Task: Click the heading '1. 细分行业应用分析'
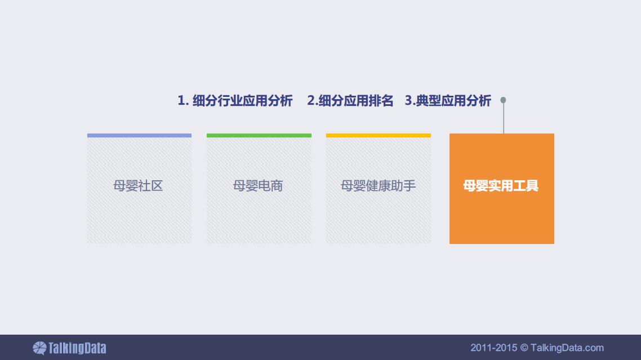point(235,101)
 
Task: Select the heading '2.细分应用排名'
point(350,101)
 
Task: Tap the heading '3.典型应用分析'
point(448,101)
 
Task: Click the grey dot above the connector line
point(503,100)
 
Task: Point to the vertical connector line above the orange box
point(503,118)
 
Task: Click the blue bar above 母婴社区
point(139,135)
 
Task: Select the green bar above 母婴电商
point(259,135)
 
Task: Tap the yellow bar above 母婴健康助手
point(378,135)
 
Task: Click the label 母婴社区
point(138,186)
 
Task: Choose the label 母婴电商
point(258,186)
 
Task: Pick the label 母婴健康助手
point(378,186)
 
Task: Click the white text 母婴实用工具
point(501,186)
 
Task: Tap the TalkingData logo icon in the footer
point(39,348)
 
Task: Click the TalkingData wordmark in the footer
point(77,348)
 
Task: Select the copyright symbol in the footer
point(524,348)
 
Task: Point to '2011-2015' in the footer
point(494,348)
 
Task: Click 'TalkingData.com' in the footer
point(567,348)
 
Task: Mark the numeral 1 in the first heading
point(181,101)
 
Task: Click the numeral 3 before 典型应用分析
point(408,101)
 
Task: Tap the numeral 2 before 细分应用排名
point(311,101)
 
